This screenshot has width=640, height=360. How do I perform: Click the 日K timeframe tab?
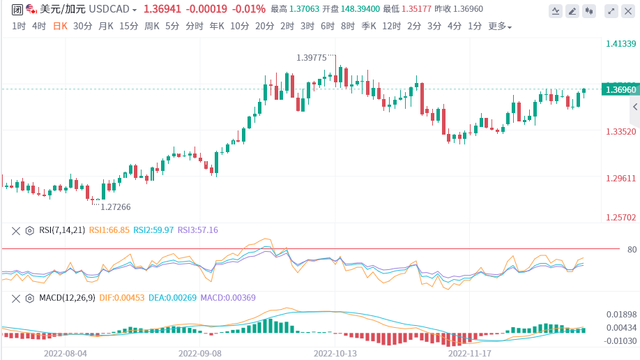click(x=61, y=26)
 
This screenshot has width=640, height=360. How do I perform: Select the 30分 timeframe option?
click(x=82, y=26)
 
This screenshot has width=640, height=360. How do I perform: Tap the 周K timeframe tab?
click(x=152, y=26)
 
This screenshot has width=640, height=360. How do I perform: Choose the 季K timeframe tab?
click(x=368, y=26)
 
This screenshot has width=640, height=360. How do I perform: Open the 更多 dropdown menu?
click(x=499, y=27)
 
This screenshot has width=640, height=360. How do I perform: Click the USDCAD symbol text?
click(x=110, y=10)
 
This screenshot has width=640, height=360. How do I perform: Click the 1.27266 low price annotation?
click(x=116, y=207)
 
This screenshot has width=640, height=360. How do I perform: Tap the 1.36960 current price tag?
click(x=620, y=89)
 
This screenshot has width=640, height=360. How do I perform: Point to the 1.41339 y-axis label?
click(x=620, y=43)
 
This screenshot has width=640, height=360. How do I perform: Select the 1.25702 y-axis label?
click(x=620, y=217)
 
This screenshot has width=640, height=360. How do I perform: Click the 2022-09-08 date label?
click(x=200, y=353)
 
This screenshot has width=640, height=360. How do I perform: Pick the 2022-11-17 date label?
click(x=469, y=353)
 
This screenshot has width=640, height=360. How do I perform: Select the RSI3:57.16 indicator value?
click(x=198, y=230)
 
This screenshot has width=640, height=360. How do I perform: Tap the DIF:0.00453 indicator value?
click(x=121, y=298)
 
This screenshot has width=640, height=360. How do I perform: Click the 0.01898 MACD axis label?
click(x=620, y=315)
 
